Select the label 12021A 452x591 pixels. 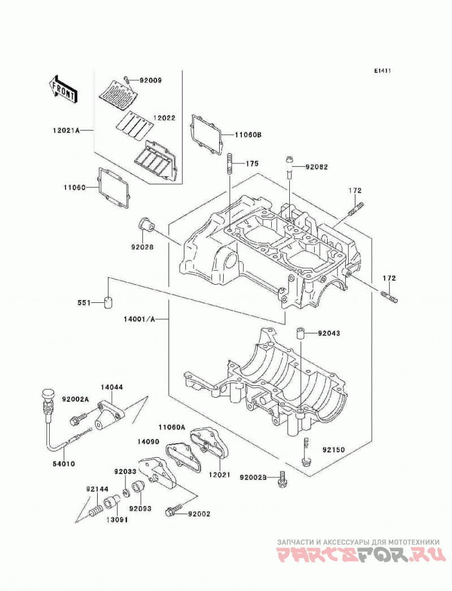(66, 131)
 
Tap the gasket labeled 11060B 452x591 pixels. (206, 135)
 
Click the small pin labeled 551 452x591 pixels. (108, 302)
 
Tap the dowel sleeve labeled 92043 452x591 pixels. (300, 334)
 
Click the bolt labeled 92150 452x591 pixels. (306, 453)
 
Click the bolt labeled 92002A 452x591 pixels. (77, 419)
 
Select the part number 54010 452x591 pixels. (64, 464)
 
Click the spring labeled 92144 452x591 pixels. (95, 510)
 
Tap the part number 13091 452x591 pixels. (117, 520)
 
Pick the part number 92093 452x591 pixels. (140, 509)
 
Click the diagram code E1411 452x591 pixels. (383, 71)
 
